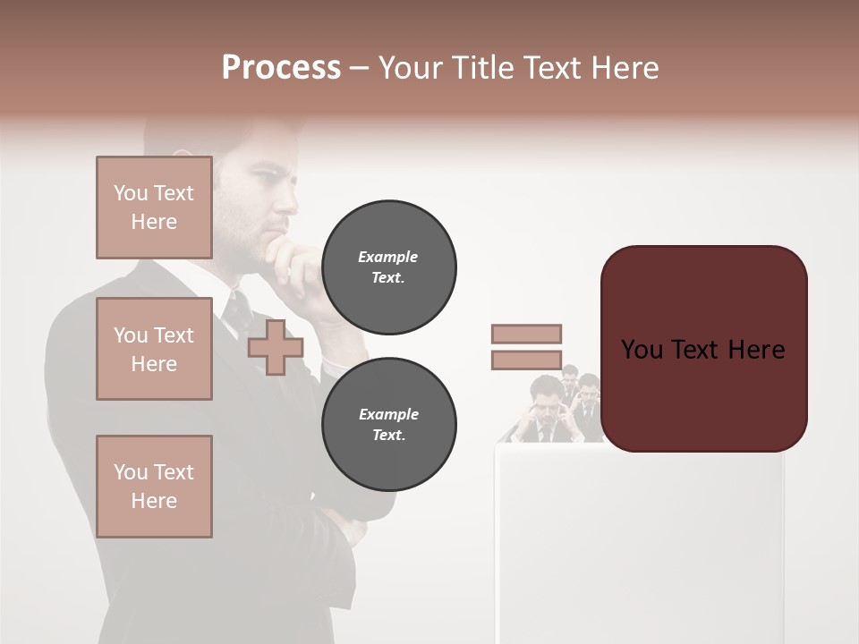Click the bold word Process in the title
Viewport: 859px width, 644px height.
[x=281, y=68]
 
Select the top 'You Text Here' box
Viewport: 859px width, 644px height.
[x=154, y=208]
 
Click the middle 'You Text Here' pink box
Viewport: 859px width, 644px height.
[x=154, y=349]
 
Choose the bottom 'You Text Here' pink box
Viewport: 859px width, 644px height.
[x=154, y=487]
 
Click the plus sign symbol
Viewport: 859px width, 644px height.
[x=276, y=347]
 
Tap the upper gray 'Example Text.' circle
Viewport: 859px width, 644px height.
[x=388, y=267]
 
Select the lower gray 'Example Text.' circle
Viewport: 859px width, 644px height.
[x=388, y=425]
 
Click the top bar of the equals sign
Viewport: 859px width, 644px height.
[x=526, y=334]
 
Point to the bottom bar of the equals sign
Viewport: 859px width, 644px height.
[x=526, y=360]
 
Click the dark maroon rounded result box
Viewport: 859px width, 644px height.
[x=703, y=349]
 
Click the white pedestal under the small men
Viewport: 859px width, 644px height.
[x=639, y=537]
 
